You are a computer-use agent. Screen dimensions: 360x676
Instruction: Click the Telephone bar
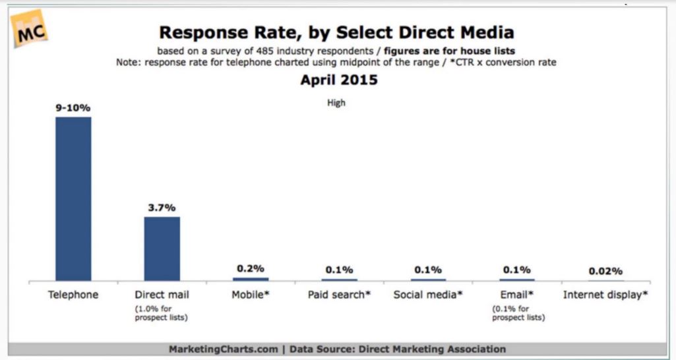pos(73,198)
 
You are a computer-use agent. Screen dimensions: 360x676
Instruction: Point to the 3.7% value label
pos(162,207)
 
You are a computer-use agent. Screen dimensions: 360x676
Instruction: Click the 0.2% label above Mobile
pos(251,268)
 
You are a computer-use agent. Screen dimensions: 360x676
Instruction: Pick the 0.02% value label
pos(606,270)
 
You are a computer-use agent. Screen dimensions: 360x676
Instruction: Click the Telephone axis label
pos(73,295)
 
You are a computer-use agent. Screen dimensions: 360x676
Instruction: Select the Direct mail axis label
pos(162,295)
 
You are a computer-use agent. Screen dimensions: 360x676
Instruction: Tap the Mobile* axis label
pos(251,295)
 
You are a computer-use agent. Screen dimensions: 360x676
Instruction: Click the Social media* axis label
pos(428,295)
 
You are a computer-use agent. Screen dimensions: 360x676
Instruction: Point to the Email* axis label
pos(517,295)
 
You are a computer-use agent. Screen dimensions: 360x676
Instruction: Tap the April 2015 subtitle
pos(339,80)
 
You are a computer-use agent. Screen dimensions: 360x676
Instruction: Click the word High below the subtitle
pos(336,103)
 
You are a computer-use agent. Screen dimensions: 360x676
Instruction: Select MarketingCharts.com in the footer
pos(223,349)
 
